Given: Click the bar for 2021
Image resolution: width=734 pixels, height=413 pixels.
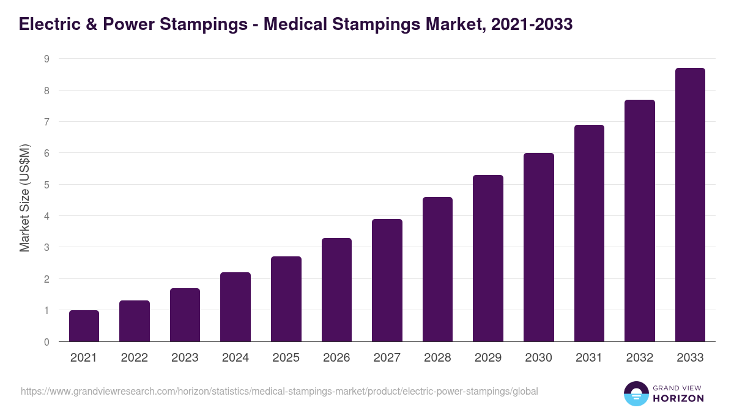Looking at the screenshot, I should tap(84, 326).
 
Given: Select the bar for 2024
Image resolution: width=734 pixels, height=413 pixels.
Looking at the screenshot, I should tap(235, 307).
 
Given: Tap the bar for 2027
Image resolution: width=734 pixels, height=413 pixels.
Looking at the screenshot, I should tap(387, 280).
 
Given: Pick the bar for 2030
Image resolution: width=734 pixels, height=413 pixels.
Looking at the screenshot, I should tap(538, 247).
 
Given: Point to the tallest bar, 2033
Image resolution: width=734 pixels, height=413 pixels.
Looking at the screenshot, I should tap(690, 205).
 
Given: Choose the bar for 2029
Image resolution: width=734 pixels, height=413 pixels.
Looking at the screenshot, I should tap(488, 258).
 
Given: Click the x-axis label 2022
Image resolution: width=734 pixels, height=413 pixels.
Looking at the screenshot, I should tap(134, 358).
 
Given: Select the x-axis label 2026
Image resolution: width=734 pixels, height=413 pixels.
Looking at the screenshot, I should tap(336, 358).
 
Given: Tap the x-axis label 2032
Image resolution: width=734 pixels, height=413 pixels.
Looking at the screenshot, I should tap(639, 358).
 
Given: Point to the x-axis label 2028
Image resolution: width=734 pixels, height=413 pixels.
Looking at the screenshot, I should tap(437, 358).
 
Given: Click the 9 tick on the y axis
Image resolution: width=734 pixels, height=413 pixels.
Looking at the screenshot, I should tap(46, 59).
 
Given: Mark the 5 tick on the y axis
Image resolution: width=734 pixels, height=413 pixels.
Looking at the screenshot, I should tap(46, 185).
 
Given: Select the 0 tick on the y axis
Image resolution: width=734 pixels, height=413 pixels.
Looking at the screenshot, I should tap(46, 342).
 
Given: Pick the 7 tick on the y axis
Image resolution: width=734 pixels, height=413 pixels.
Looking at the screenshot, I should tap(46, 122).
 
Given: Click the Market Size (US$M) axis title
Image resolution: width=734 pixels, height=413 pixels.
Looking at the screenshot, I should tap(24, 199).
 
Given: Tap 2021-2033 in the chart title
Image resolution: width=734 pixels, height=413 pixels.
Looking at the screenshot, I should tap(532, 24).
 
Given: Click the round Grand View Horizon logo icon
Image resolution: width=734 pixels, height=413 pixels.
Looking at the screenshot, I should tap(636, 393).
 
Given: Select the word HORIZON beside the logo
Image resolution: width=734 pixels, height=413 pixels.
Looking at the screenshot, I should tap(678, 398).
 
